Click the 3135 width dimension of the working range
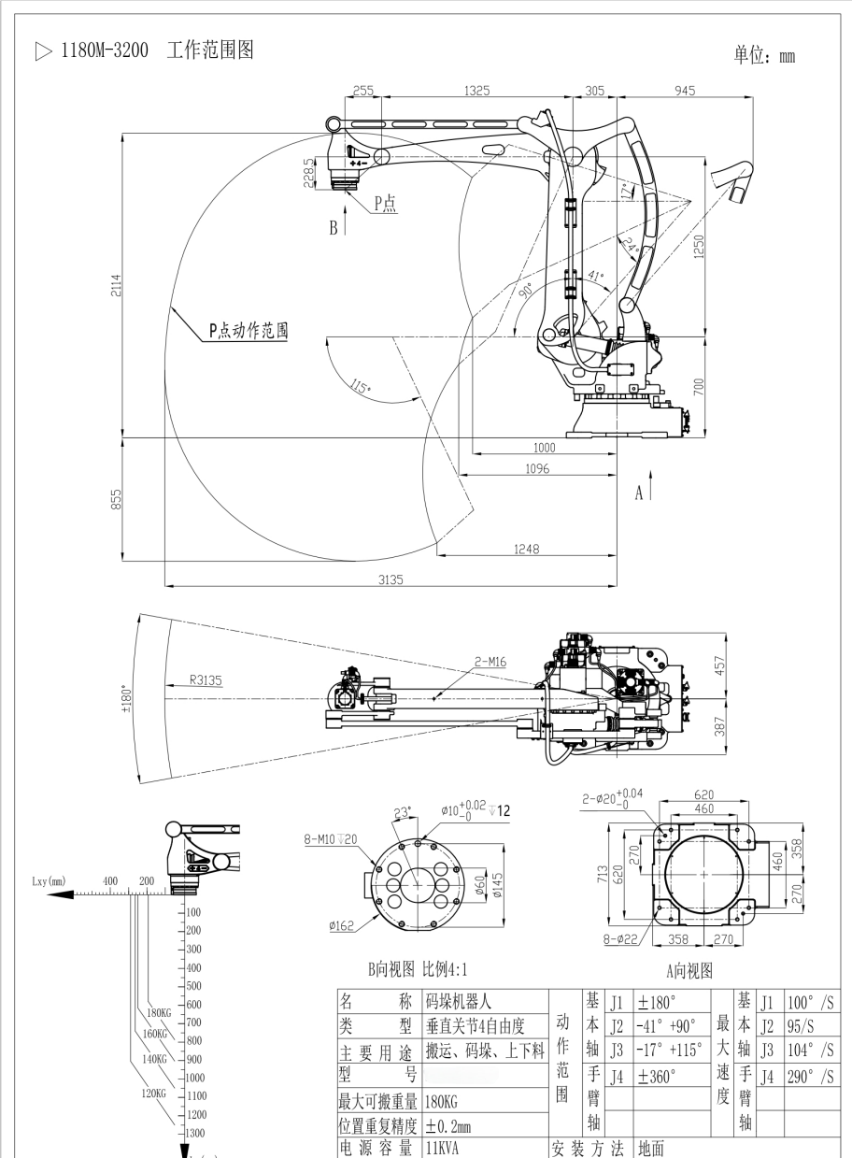coord(390,580)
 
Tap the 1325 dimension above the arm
coord(477,91)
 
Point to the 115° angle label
coord(360,386)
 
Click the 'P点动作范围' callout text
coord(248,330)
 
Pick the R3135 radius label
coord(206,680)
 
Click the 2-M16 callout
coord(490,661)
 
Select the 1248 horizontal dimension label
coord(526,550)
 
